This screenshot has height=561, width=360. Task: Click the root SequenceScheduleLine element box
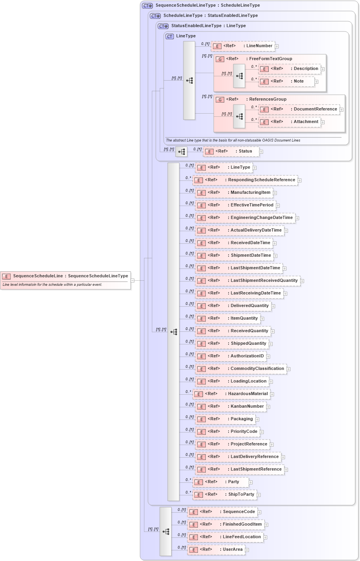65,276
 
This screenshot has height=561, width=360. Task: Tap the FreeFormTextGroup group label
270,59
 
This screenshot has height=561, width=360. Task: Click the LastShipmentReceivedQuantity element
247,281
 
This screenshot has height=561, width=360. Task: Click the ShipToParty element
225,495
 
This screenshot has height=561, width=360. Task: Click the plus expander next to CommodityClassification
288,369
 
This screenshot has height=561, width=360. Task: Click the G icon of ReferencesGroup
220,100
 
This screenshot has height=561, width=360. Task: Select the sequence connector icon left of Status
181,152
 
